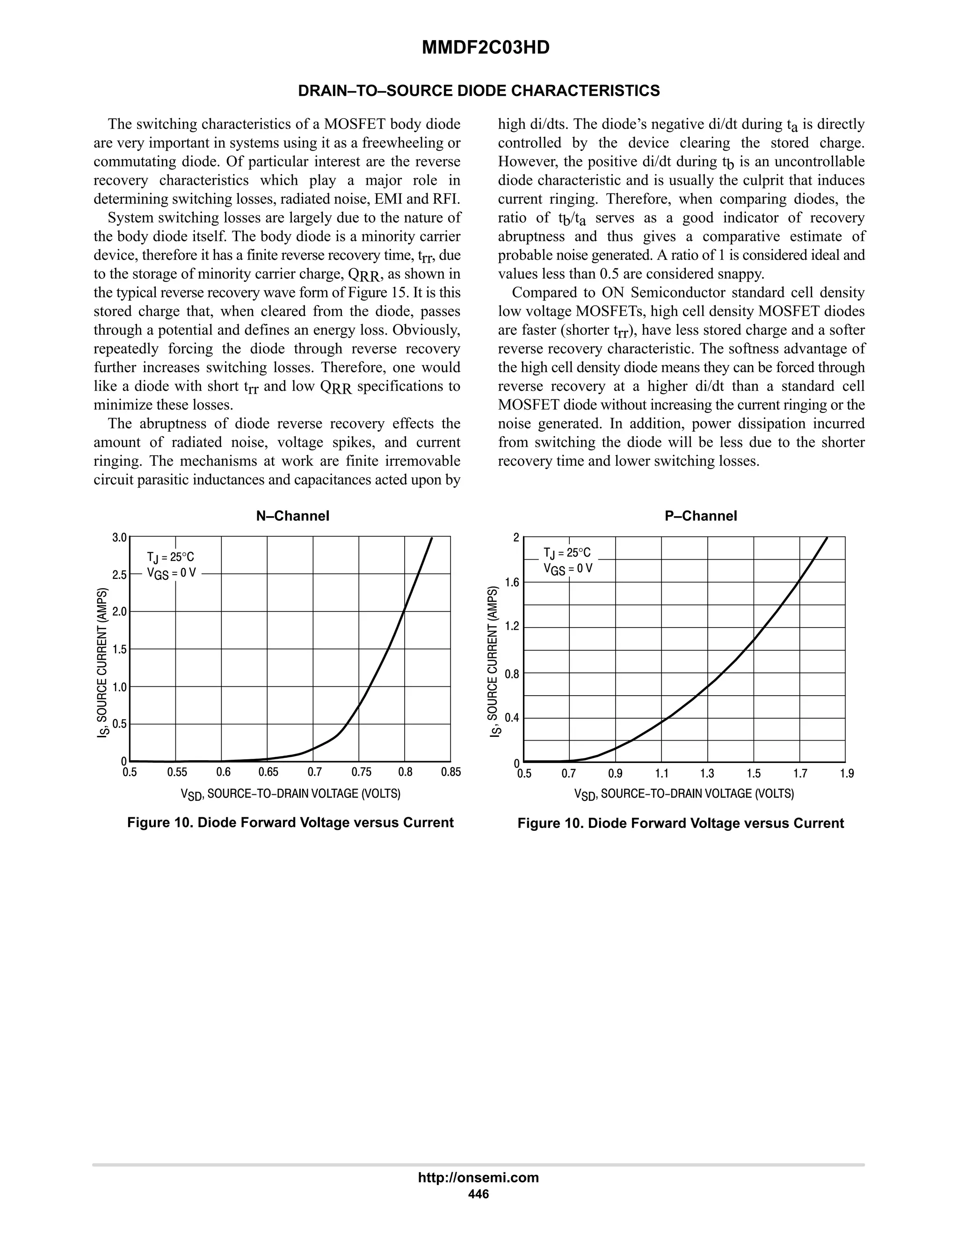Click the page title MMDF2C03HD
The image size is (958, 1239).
(485, 48)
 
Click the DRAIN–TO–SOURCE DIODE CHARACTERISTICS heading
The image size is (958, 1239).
(479, 91)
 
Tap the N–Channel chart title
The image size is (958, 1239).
(292, 516)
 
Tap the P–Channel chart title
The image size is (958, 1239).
(700, 516)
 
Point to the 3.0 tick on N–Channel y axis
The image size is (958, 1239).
(119, 537)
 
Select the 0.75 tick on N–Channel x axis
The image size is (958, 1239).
(361, 772)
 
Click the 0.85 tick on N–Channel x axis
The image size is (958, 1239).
(450, 772)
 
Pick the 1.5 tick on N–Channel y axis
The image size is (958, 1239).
(119, 649)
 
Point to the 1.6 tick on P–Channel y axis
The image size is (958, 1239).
(512, 582)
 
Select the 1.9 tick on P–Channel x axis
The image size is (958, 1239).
(846, 773)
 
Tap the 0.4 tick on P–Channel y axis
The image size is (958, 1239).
(512, 718)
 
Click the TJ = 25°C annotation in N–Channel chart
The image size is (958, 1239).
(170, 557)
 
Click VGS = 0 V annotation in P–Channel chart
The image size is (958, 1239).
(567, 569)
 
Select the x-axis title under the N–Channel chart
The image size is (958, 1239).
(290, 794)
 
